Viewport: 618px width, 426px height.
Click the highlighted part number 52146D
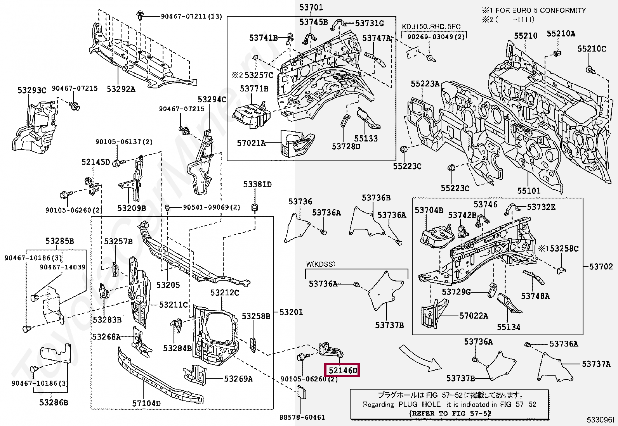(342, 370)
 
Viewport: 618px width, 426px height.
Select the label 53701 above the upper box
(311, 7)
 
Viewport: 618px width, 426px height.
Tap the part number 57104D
(146, 404)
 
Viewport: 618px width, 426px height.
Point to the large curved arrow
(420, 358)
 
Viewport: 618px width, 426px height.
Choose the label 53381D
(257, 185)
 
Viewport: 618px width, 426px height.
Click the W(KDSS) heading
(320, 264)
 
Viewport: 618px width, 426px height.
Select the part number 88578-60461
(302, 417)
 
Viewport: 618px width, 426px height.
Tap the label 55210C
(591, 49)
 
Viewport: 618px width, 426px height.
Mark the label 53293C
(31, 90)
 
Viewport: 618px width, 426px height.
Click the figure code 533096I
(600, 420)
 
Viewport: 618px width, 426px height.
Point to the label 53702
(601, 266)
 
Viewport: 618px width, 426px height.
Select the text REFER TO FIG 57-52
(450, 414)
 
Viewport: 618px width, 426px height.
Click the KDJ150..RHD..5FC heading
(431, 27)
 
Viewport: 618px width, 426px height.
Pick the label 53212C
(225, 293)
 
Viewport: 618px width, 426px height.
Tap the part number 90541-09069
(212, 207)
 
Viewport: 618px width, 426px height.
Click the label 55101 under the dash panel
(528, 190)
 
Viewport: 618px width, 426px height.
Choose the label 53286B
(54, 403)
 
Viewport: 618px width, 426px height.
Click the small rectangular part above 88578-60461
(302, 393)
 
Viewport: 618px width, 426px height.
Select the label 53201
(291, 312)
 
